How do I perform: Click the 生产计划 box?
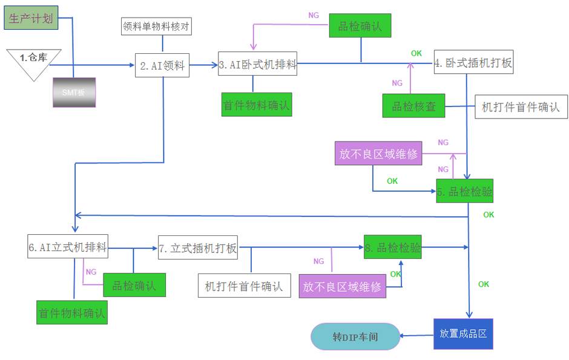pyautogui.click(x=31, y=18)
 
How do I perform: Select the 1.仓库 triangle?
pyautogui.click(x=34, y=61)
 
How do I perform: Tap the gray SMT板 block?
pyautogui.click(x=74, y=93)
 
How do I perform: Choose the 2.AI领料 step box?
pyautogui.click(x=162, y=65)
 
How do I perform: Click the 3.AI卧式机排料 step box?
pyautogui.click(x=258, y=64)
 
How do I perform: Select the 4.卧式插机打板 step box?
pyautogui.click(x=473, y=62)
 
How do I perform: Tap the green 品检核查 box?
pyautogui.click(x=413, y=106)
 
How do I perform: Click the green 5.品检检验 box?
pyautogui.click(x=465, y=192)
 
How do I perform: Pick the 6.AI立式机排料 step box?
pyautogui.click(x=67, y=246)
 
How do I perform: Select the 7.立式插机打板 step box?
pyautogui.click(x=198, y=247)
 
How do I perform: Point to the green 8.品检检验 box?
pyautogui.click(x=392, y=246)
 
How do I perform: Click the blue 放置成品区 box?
pyautogui.click(x=463, y=333)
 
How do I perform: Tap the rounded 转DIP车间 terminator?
pyautogui.click(x=355, y=336)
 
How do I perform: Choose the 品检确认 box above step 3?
pyautogui.click(x=360, y=27)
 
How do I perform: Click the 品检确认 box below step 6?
pyautogui.click(x=134, y=285)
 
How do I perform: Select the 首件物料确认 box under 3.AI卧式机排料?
pyautogui.click(x=257, y=104)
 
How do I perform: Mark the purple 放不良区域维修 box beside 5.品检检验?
pyautogui.click(x=378, y=154)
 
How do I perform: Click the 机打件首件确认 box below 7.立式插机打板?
pyautogui.click(x=244, y=286)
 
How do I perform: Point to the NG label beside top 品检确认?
pyautogui.click(x=314, y=15)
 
